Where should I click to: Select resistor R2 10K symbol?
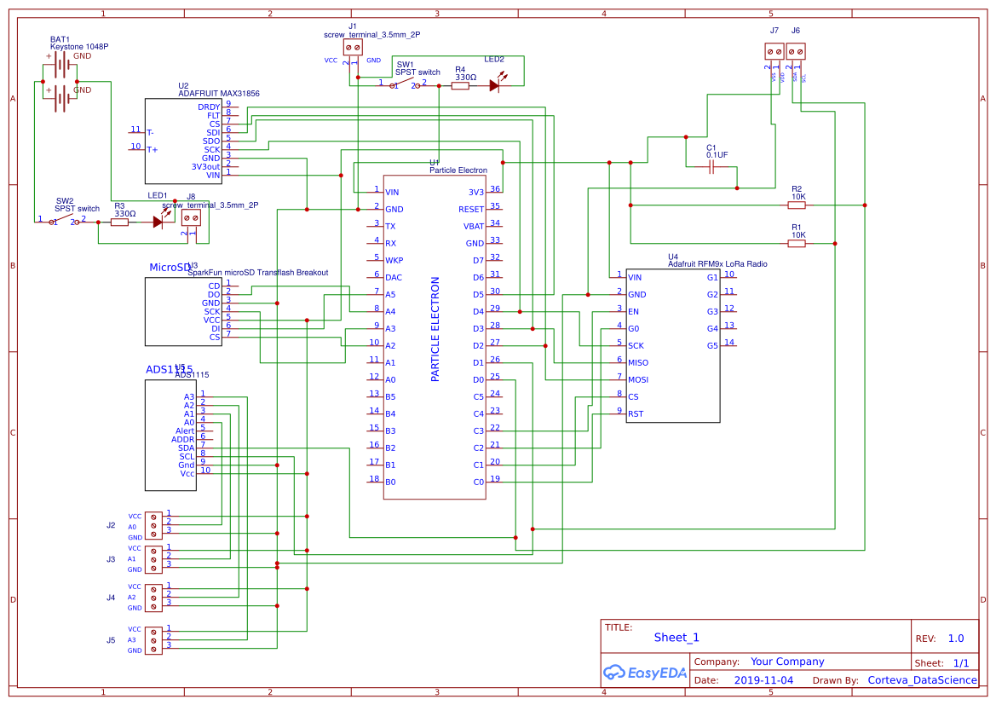pos(797,205)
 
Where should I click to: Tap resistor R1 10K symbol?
pos(797,243)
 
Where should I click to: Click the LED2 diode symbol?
pos(495,85)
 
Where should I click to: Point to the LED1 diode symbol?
pos(158,222)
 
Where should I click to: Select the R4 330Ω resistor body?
pos(460,85)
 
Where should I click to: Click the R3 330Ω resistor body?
pos(120,222)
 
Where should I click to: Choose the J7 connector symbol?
pos(774,51)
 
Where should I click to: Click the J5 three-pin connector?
pos(153,639)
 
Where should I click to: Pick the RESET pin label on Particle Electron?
pos(471,209)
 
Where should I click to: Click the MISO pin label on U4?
pos(637,362)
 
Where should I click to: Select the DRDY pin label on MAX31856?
pos(209,107)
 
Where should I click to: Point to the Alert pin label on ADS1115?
pos(185,431)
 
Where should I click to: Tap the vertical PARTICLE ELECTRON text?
pos(435,328)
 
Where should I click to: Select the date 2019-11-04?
pos(763,680)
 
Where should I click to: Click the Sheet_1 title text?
pos(676,637)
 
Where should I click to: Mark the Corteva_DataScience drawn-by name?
pos(922,680)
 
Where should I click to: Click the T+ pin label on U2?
pos(152,149)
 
